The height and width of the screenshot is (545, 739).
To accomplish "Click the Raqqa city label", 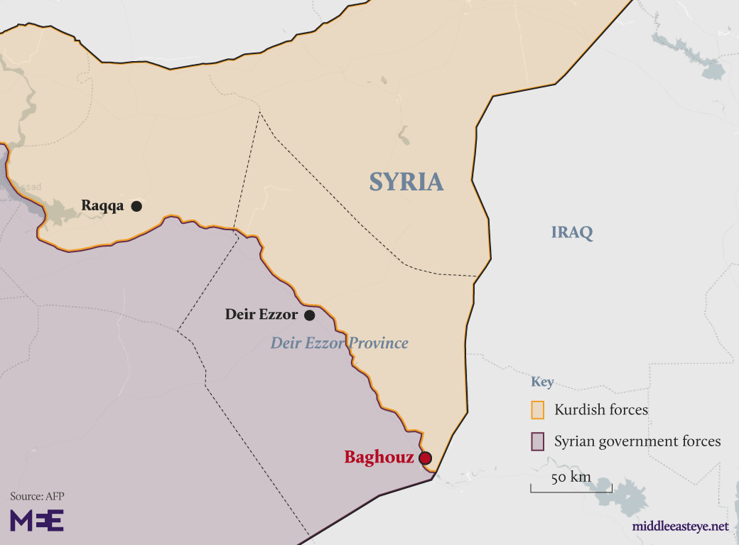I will coord(102,206).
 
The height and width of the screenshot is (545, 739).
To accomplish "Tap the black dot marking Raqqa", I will coord(136,206).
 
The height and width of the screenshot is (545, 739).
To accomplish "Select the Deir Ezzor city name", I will coord(261,314).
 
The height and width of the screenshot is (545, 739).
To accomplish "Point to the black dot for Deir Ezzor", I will coord(310,315).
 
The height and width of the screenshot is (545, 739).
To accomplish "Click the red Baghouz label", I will coord(379,458).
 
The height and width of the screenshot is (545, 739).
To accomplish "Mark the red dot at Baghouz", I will coord(426,458).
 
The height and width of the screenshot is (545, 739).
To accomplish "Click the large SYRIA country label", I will coord(406,182).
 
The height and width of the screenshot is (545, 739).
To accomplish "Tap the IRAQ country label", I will coord(572,232).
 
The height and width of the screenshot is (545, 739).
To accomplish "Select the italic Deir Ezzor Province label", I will coord(339,343).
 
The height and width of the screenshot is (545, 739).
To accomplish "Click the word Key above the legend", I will coord(542,382).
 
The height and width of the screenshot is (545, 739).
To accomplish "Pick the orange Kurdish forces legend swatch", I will coord(538,410).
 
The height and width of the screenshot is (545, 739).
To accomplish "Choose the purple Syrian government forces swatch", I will coord(538,441).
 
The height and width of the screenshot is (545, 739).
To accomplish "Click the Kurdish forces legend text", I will coord(601,410).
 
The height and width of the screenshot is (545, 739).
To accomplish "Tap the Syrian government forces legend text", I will coord(637,441).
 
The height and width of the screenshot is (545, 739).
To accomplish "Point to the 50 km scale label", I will coord(571,477).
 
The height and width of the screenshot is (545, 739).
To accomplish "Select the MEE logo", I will coord(37,520).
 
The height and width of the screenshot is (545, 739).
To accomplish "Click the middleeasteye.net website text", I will coord(680,527).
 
